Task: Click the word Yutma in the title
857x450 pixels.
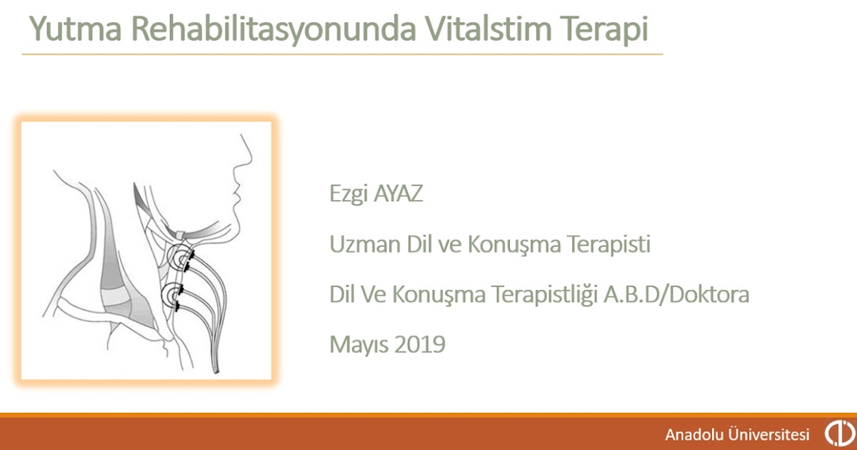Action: pos(76,29)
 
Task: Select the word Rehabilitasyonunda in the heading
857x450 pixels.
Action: pos(274,29)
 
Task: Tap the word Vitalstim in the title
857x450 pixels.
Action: pos(489,29)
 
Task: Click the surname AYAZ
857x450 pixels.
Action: pos(398,194)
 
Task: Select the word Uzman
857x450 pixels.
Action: pos(365,244)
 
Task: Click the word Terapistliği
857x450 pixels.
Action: pos(545,294)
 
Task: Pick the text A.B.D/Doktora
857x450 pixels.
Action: pos(676,294)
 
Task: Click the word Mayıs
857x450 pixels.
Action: pos(359,345)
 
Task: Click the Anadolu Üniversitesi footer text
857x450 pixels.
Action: pos(737,434)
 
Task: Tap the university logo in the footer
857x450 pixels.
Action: pos(839,433)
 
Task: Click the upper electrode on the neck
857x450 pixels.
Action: pos(181,259)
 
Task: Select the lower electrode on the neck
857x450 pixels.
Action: pos(172,296)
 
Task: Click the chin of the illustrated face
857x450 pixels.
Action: pos(234,224)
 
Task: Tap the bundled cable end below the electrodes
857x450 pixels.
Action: pos(216,366)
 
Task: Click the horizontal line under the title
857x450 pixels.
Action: pos(342,54)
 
